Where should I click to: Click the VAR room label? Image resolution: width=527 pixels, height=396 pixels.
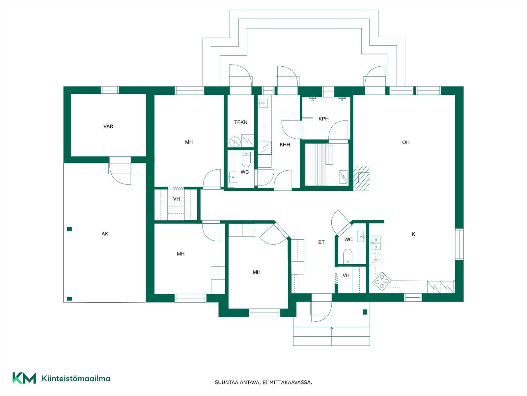click(108, 126)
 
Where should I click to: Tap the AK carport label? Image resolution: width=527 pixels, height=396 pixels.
click(105, 234)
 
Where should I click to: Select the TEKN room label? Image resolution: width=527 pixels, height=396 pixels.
click(240, 122)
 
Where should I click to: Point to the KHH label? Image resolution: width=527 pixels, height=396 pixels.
click(285, 145)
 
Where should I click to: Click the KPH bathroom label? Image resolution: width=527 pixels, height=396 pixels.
click(323, 119)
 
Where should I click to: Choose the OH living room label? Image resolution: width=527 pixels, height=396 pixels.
click(406, 142)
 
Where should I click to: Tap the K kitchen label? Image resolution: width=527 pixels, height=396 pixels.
click(413, 234)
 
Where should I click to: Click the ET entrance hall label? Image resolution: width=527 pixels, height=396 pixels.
click(321, 242)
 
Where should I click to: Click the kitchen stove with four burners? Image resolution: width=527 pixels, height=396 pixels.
click(382, 280)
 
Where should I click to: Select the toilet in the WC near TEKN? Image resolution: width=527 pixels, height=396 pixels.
click(246, 159)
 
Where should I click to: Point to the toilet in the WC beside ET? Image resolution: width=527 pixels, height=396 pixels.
click(347, 256)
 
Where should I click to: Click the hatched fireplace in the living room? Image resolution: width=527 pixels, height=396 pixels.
click(361, 178)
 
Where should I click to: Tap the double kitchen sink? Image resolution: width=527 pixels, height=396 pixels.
click(376, 243)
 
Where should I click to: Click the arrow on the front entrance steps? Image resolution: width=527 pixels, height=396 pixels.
click(332, 336)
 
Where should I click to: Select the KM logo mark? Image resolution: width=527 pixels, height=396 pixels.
click(24, 378)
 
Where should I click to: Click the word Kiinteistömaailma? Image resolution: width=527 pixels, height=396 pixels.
click(76, 379)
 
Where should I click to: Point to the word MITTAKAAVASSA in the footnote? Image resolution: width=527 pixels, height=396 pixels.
click(291, 382)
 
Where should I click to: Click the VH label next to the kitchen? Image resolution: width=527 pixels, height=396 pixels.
click(346, 276)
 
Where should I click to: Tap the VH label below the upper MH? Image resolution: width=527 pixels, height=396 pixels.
click(177, 199)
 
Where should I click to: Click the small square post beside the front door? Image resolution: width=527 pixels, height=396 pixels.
click(365, 312)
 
